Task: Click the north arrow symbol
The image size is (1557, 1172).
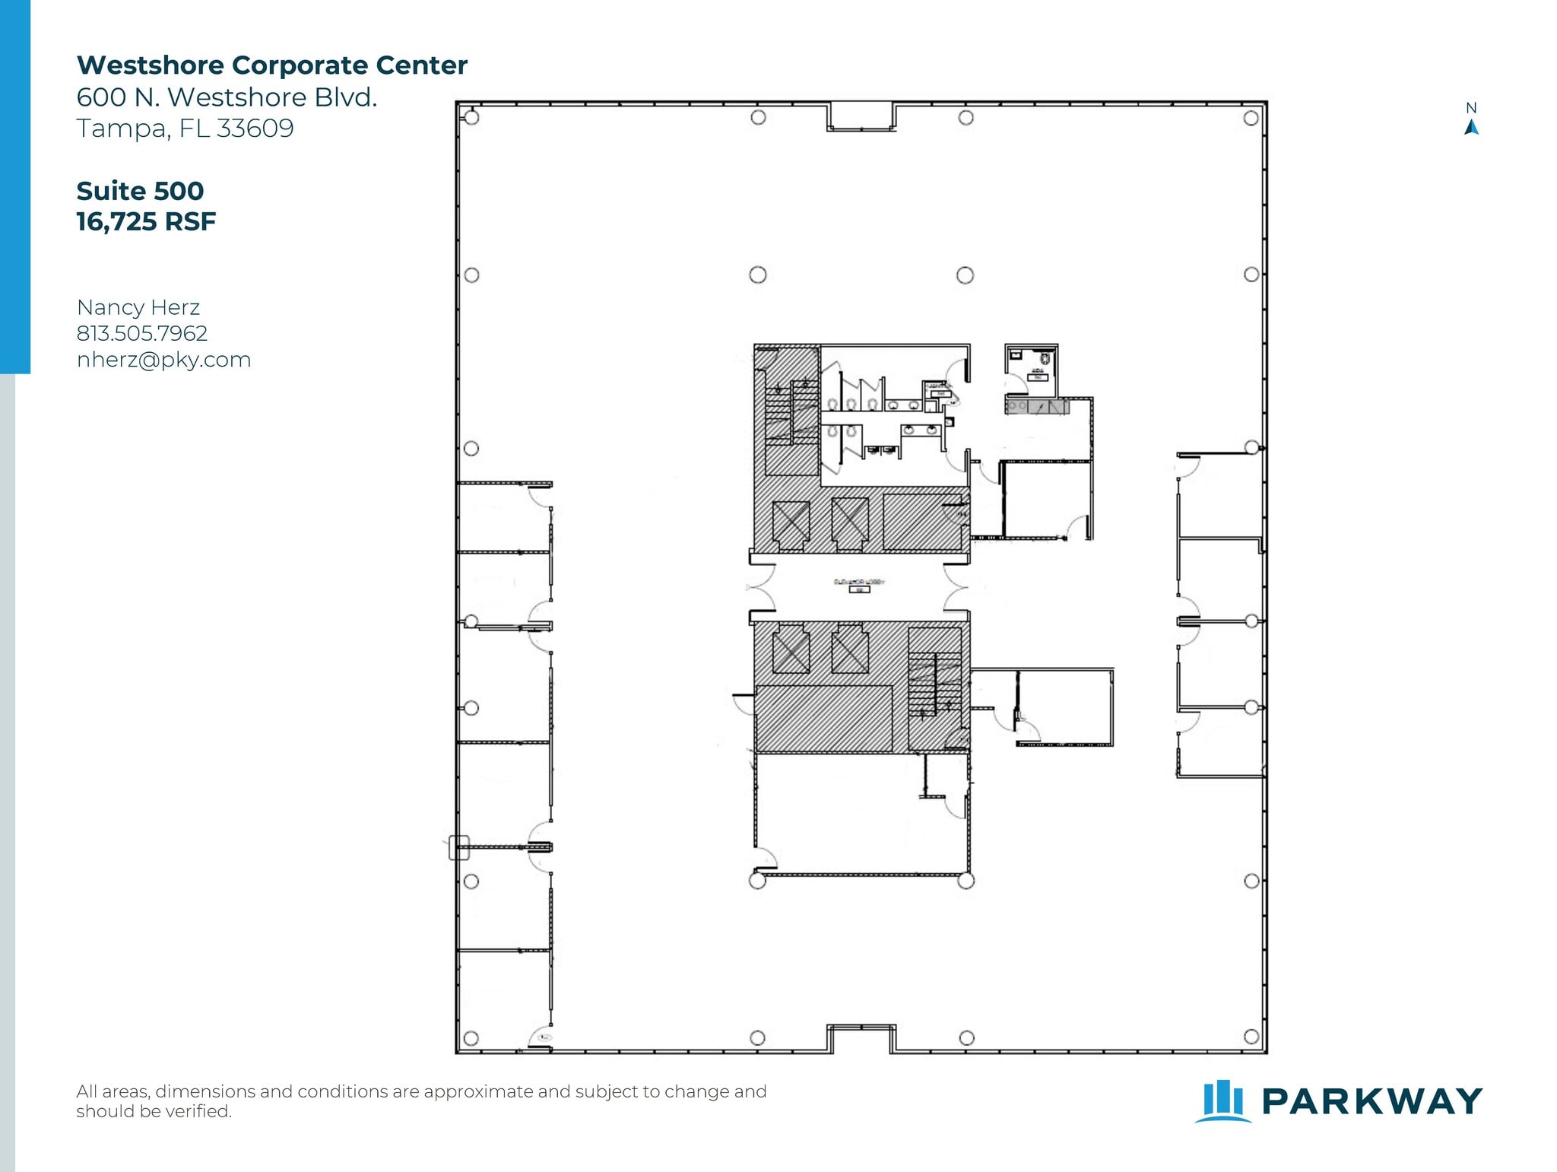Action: [1471, 127]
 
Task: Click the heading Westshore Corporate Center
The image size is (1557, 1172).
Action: [271, 65]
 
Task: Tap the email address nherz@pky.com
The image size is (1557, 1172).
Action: [163, 359]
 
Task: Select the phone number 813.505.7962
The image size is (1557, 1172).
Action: [142, 333]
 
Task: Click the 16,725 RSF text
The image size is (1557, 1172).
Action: [146, 221]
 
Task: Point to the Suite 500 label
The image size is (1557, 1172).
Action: [140, 190]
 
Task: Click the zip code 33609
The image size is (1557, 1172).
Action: [255, 128]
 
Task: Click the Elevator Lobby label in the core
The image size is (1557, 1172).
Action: [860, 582]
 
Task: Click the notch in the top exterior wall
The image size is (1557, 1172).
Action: [861, 116]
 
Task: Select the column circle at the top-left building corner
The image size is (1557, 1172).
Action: [471, 118]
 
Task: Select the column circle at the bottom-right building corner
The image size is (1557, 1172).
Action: [1251, 1036]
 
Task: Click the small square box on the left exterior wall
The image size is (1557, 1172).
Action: [458, 846]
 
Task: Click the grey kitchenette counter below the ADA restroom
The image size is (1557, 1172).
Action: [1037, 407]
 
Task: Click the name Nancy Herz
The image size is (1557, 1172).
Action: [138, 307]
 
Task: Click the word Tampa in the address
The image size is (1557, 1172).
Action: [122, 128]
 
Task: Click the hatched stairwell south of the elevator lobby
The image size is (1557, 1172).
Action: [935, 684]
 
